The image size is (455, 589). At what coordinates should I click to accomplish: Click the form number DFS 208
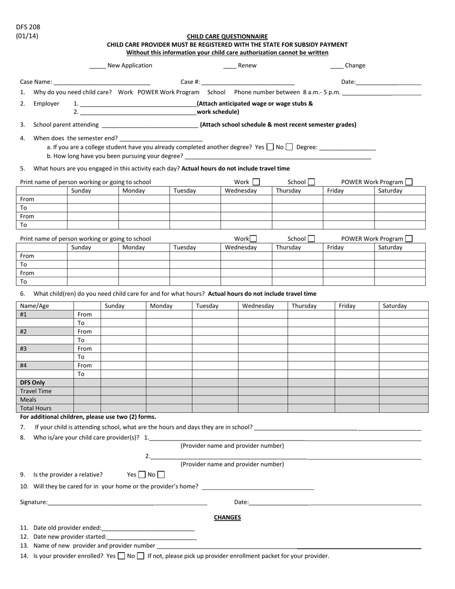tap(28, 27)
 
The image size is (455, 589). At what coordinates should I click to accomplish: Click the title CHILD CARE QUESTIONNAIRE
tap(227, 36)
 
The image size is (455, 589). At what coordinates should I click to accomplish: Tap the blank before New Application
tap(97, 66)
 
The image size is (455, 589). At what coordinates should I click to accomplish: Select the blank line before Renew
tap(229, 66)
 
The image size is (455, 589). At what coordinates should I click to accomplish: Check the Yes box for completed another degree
tap(270, 147)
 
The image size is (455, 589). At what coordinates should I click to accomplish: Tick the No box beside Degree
tap(289, 147)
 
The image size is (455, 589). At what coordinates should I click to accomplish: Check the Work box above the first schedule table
tap(256, 182)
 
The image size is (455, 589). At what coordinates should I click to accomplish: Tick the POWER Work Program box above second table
tap(409, 238)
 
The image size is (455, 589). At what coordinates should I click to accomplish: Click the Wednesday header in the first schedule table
tap(241, 191)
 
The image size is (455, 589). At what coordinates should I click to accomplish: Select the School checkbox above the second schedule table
tap(311, 238)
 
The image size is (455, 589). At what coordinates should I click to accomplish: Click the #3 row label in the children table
tap(23, 349)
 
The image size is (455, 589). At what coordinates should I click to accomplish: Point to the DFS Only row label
tap(33, 383)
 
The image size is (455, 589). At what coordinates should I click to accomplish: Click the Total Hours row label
tap(35, 408)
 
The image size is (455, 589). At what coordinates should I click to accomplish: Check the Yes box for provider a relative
tap(142, 475)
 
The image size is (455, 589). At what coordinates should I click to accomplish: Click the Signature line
tap(127, 503)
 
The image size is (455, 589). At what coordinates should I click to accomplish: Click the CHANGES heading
tap(227, 518)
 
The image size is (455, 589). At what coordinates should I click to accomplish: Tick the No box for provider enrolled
tap(140, 556)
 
